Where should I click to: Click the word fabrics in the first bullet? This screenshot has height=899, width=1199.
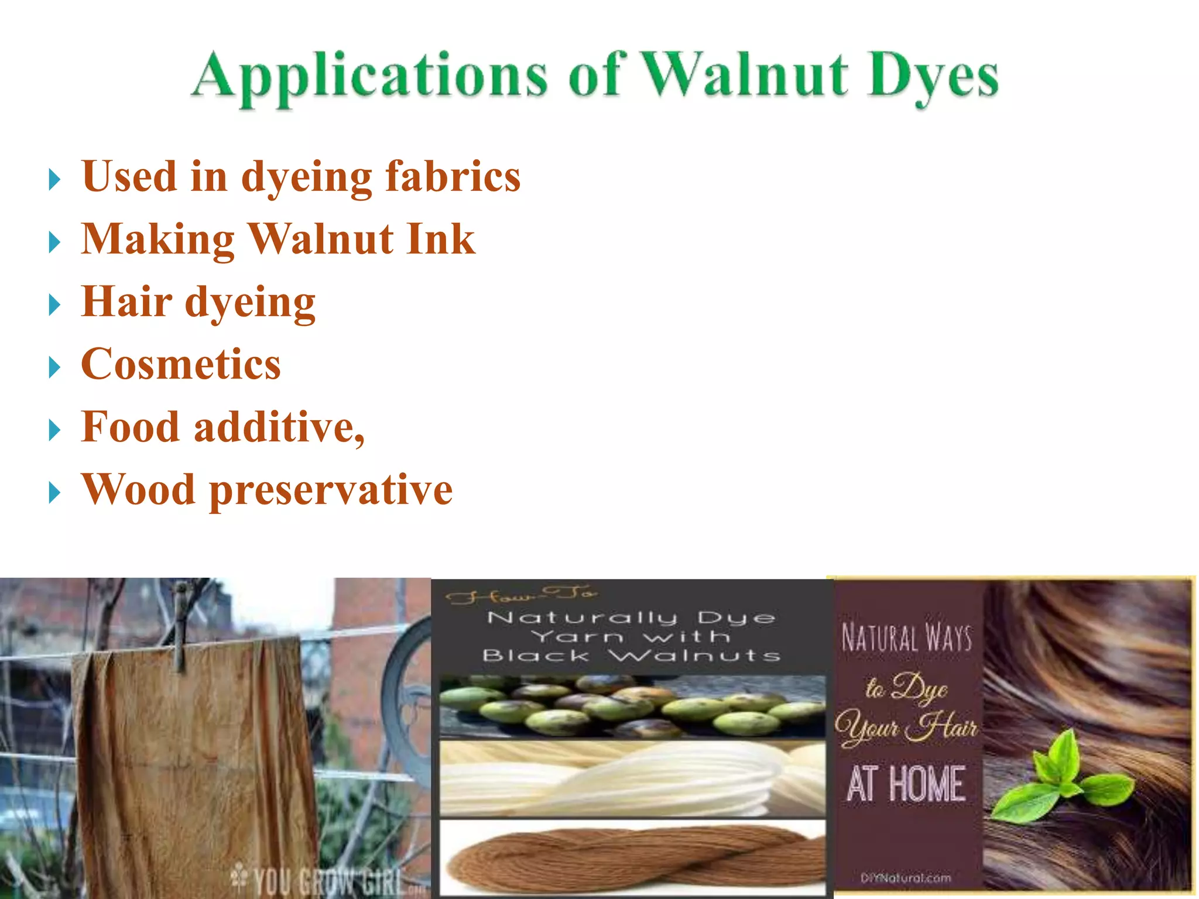pyautogui.click(x=453, y=176)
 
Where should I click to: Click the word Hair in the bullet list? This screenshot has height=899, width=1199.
pyautogui.click(x=126, y=302)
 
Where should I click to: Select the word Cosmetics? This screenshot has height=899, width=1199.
pyautogui.click(x=181, y=365)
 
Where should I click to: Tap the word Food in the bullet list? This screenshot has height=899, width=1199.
pyautogui.click(x=130, y=427)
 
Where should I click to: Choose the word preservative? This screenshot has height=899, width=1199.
pyautogui.click(x=331, y=490)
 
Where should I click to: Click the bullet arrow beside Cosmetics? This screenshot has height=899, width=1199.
pyautogui.click(x=54, y=368)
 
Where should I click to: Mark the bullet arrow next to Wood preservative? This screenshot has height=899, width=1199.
pyautogui.click(x=54, y=493)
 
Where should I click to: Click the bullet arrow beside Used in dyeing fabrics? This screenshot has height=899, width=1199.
pyautogui.click(x=54, y=179)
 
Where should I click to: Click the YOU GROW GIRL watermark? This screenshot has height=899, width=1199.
pyautogui.click(x=322, y=878)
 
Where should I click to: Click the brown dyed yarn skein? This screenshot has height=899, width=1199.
pyautogui.click(x=632, y=857)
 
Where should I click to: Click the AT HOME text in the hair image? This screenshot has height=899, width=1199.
pyautogui.click(x=906, y=784)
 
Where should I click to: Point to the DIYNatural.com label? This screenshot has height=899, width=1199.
pyautogui.click(x=906, y=878)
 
